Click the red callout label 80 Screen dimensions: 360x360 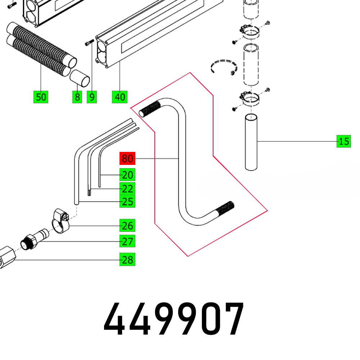[x=127, y=158]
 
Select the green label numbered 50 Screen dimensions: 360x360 [x=41, y=97]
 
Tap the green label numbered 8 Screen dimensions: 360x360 [x=77, y=97]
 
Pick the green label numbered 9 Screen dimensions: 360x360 [x=92, y=97]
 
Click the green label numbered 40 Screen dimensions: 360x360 [x=120, y=97]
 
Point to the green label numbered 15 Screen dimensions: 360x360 [x=344, y=141]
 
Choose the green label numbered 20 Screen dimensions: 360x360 [x=127, y=175]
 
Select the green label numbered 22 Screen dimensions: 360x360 [x=127, y=189]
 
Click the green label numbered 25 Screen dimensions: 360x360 [x=127, y=202]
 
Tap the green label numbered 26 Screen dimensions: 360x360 [x=127, y=226]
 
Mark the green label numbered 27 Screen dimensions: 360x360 [x=127, y=241]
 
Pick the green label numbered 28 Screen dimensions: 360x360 [x=127, y=260]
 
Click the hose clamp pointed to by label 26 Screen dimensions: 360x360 [x=60, y=220]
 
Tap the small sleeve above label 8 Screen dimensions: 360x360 [x=80, y=78]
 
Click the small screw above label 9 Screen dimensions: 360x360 [x=89, y=43]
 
